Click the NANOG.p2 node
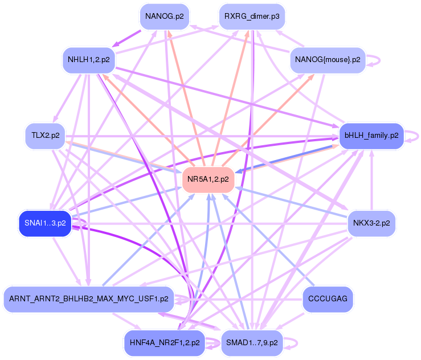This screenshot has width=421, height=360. pos(165,16)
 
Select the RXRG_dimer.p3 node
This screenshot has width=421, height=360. pos(251,16)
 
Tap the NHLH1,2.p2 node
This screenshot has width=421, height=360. pos(88,59)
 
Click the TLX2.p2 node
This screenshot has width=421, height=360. pos(45,136)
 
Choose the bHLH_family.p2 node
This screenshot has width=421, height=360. pos(371,136)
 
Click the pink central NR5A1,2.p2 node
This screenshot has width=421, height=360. pos(209,179)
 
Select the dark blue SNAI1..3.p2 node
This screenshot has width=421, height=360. pos(45,223)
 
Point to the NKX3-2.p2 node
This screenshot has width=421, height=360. pos(371,223)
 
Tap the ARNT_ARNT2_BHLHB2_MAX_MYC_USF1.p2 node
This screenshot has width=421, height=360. pos(88,298)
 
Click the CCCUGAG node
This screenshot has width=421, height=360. pos(327,298)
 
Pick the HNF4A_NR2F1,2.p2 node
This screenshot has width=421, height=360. pos(165,343)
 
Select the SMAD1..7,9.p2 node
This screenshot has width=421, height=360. pos(251,343)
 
